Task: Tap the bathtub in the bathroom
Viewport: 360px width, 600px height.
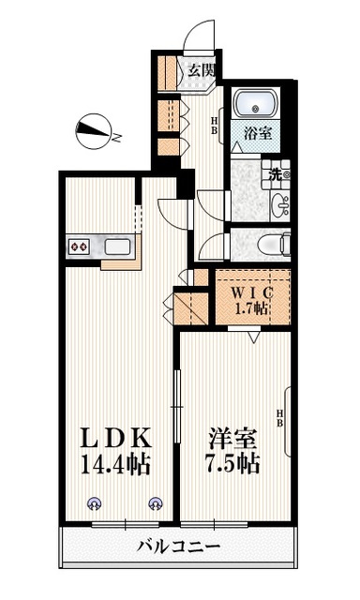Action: pyautogui.click(x=255, y=103)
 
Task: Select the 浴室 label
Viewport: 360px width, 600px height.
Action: pyautogui.click(x=258, y=133)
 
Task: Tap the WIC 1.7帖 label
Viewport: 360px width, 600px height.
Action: pyautogui.click(x=251, y=300)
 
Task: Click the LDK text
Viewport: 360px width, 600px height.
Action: pyautogui.click(x=116, y=439)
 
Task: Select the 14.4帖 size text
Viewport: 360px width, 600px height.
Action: pyautogui.click(x=114, y=464)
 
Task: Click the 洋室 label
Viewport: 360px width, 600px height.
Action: pyautogui.click(x=232, y=439)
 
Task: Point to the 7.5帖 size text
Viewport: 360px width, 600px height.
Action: pyautogui.click(x=233, y=464)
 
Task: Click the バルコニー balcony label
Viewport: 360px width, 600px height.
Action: pyautogui.click(x=179, y=547)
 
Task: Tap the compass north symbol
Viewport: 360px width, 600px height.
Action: pyautogui.click(x=95, y=131)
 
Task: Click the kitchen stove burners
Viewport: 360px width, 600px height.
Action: pyautogui.click(x=79, y=247)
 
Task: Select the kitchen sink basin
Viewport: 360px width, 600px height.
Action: pyautogui.click(x=118, y=247)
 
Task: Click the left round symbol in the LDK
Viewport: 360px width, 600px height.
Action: pyautogui.click(x=94, y=504)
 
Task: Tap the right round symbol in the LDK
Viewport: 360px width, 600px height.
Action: pyautogui.click(x=156, y=503)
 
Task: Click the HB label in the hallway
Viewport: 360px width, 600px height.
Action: pyautogui.click(x=215, y=126)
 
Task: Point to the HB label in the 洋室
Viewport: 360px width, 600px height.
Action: pyautogui.click(x=279, y=418)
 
